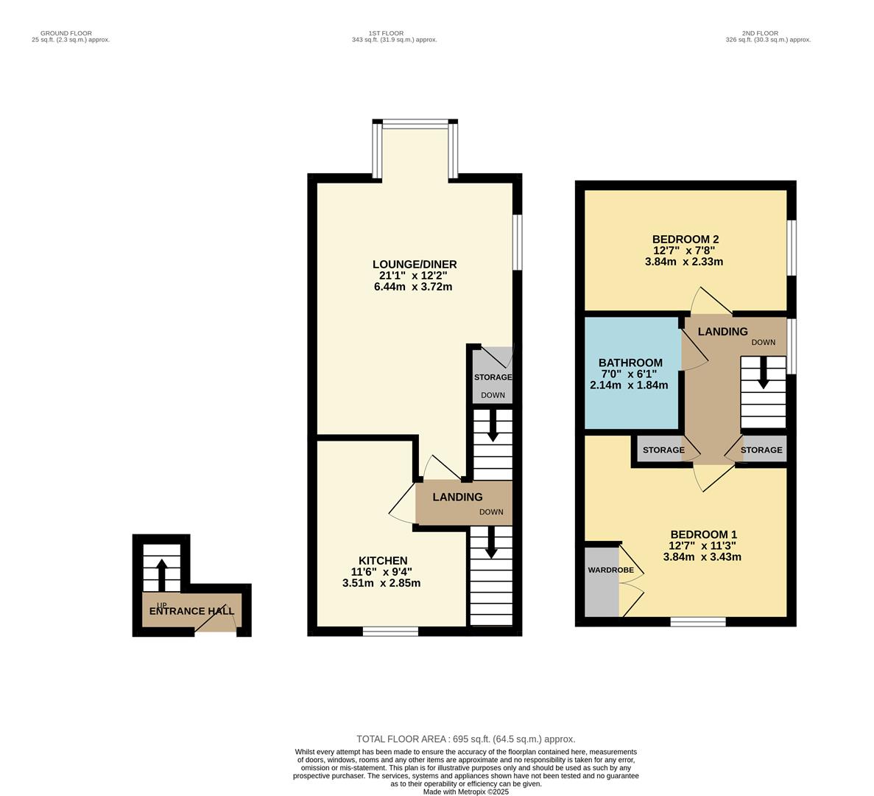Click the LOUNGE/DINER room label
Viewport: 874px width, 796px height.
pyautogui.click(x=414, y=265)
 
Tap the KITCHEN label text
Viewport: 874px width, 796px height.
pyautogui.click(x=382, y=561)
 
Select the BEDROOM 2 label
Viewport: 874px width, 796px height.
pyautogui.click(x=685, y=239)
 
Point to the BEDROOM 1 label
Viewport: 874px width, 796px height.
pyautogui.click(x=702, y=534)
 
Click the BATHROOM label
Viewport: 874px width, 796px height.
pyautogui.click(x=630, y=363)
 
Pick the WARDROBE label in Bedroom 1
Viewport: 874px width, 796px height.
pyautogui.click(x=610, y=570)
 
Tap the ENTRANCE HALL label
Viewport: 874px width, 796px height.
pyautogui.click(x=191, y=611)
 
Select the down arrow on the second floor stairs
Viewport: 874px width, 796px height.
pyautogui.click(x=764, y=372)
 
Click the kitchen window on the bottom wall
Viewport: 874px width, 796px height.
pyautogui.click(x=390, y=631)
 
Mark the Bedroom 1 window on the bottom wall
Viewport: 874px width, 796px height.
pyautogui.click(x=698, y=622)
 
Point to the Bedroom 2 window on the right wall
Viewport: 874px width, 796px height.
pyautogui.click(x=792, y=248)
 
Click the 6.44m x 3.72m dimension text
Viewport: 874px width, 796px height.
pyautogui.click(x=412, y=287)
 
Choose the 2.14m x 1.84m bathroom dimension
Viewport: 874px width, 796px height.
pyautogui.click(x=629, y=385)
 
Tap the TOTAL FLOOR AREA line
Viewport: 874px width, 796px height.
pyautogui.click(x=465, y=739)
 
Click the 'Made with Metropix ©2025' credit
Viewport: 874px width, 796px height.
pyautogui.click(x=465, y=792)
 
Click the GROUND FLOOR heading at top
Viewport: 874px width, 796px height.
pyautogui.click(x=66, y=33)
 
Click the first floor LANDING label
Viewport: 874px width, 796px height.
pyautogui.click(x=457, y=497)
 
